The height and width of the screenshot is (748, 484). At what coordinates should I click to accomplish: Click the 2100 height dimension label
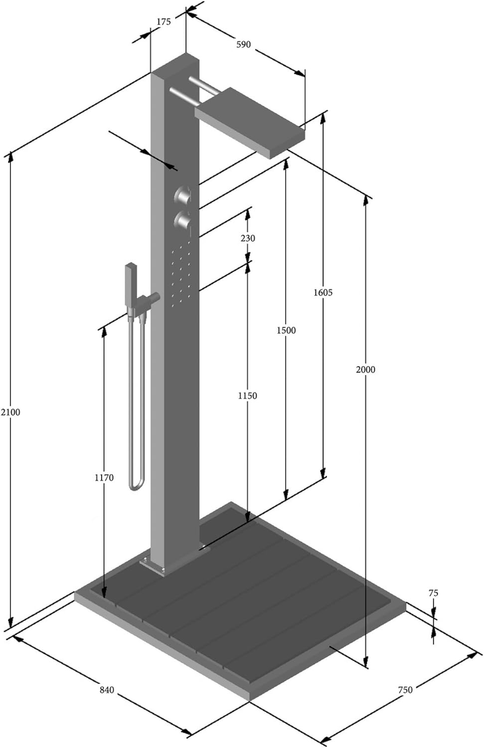(10, 412)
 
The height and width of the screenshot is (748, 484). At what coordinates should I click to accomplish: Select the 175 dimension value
(163, 22)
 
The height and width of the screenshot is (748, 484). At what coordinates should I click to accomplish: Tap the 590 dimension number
(243, 44)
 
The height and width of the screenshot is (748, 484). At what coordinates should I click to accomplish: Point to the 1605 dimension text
(323, 293)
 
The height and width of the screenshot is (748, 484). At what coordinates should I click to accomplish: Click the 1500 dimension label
(286, 330)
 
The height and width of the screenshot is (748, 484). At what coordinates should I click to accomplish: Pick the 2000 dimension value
(365, 370)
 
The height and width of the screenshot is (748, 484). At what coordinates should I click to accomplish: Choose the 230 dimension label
(248, 238)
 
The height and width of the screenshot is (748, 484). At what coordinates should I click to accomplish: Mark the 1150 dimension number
(247, 396)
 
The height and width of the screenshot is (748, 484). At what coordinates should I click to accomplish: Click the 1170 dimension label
(104, 478)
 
